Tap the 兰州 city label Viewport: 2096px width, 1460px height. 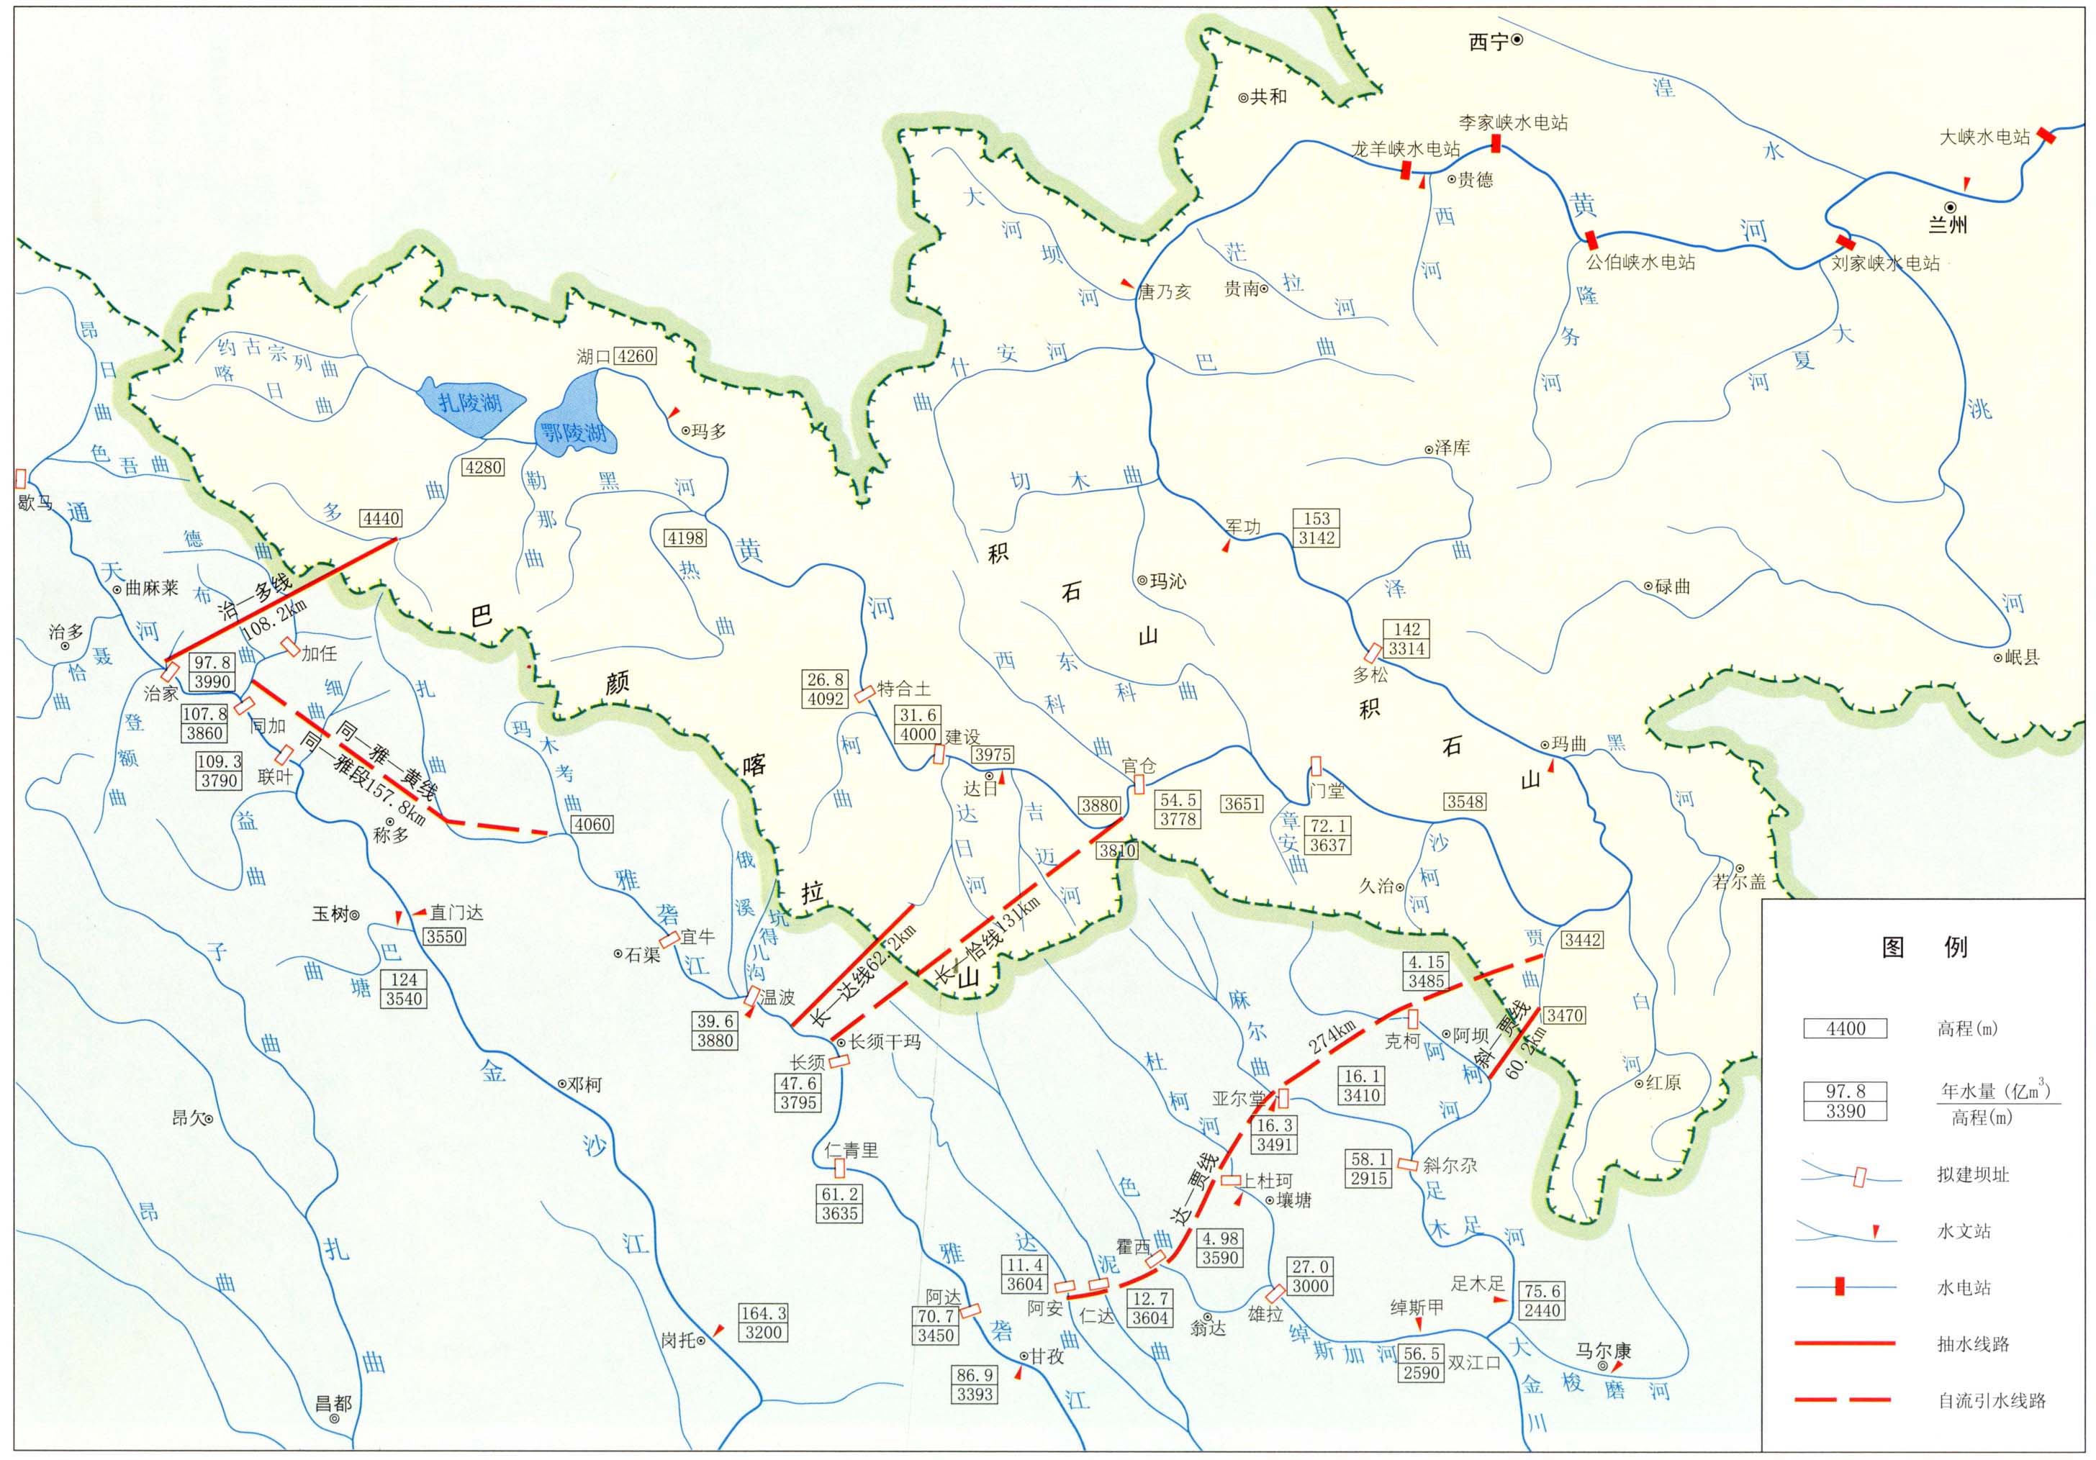pyautogui.click(x=1947, y=225)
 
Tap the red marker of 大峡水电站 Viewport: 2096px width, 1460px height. pyautogui.click(x=2047, y=135)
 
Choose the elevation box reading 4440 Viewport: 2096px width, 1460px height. pyautogui.click(x=381, y=518)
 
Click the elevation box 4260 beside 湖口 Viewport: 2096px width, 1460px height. pyautogui.click(x=634, y=356)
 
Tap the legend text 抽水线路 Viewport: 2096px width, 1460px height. pyautogui.click(x=1974, y=1344)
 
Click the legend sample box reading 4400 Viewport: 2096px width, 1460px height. pyautogui.click(x=1845, y=1028)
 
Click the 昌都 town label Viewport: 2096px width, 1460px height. pyautogui.click(x=333, y=1403)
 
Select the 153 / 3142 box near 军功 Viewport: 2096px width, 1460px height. pyautogui.click(x=1316, y=528)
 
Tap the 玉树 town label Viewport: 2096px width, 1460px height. pyautogui.click(x=330, y=913)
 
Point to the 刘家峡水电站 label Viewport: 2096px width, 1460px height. pyautogui.click(x=1885, y=263)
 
